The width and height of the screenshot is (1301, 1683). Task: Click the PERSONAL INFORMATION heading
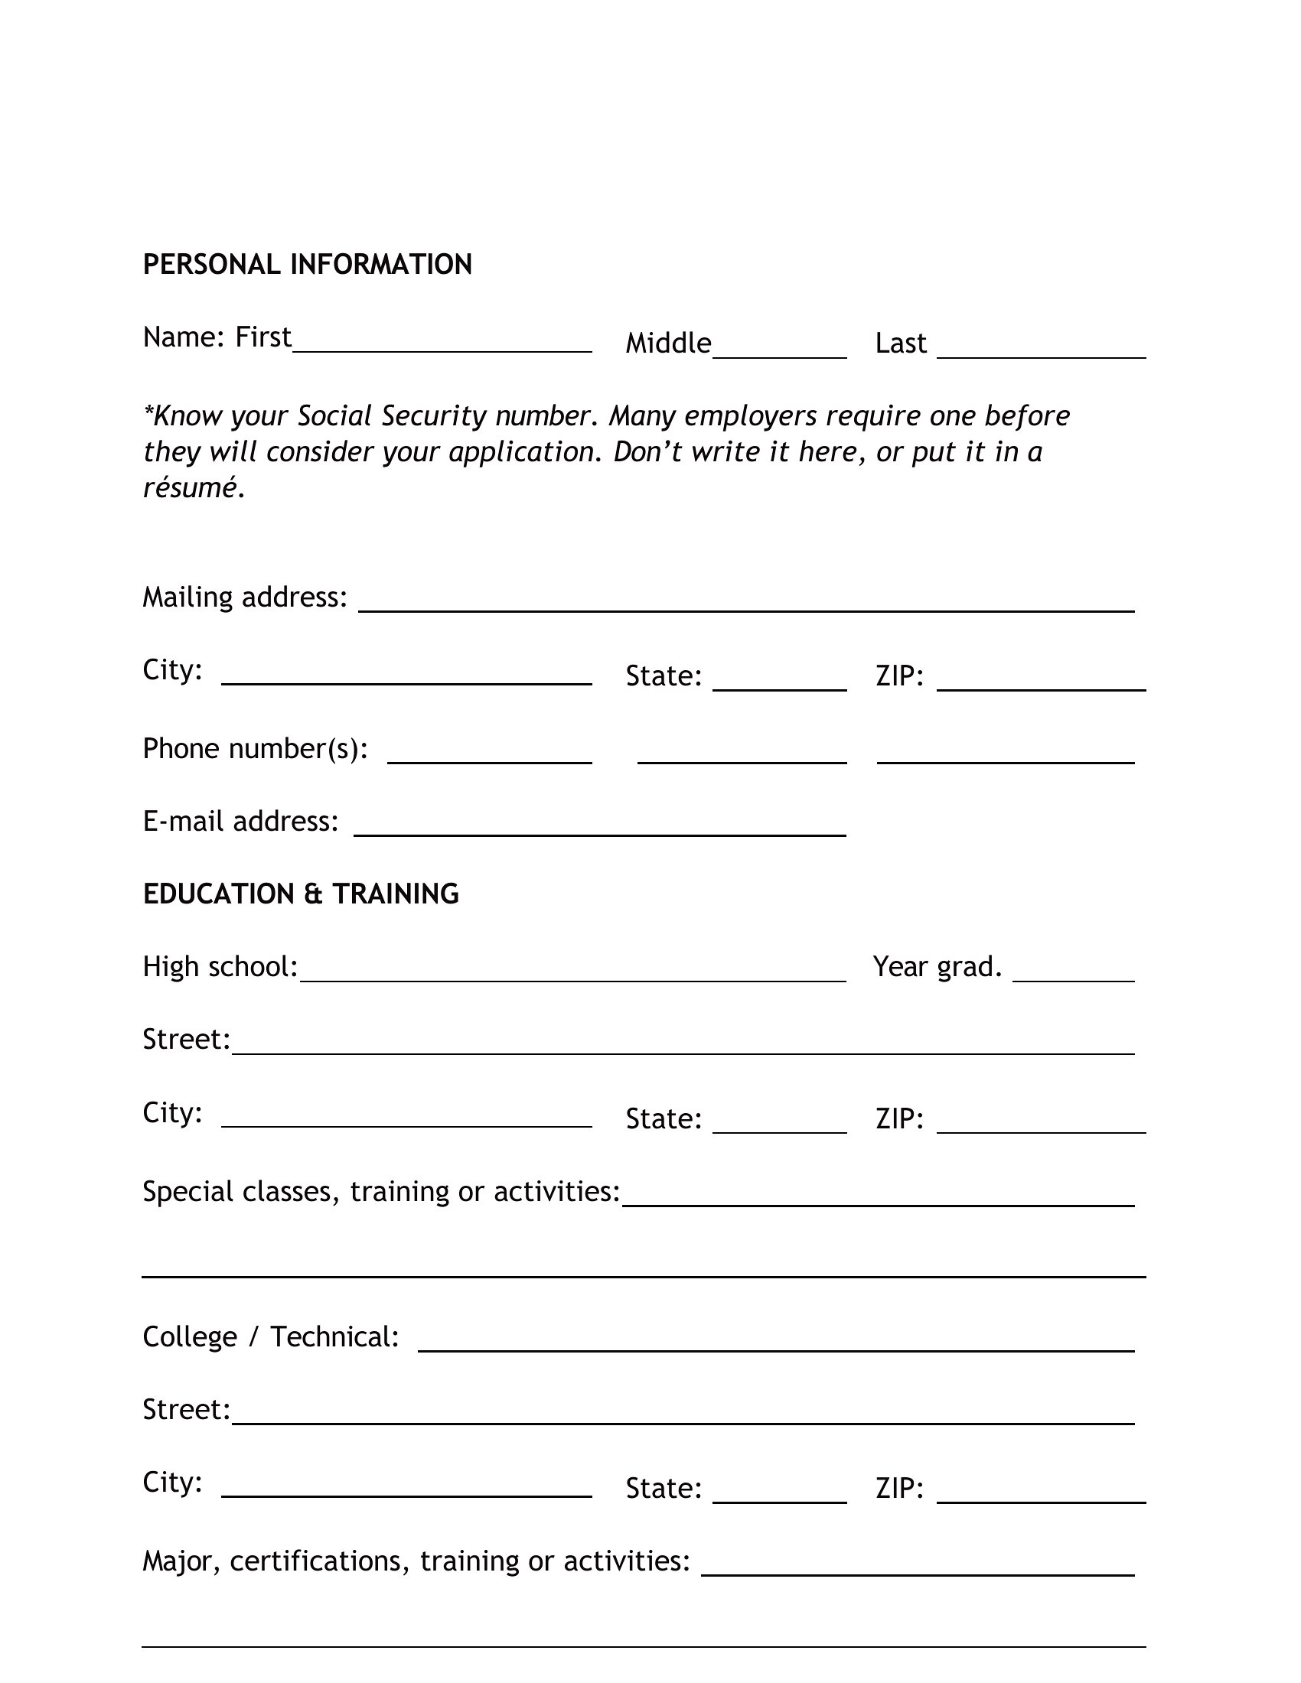click(x=307, y=265)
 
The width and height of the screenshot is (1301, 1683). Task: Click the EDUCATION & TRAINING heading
click(x=301, y=894)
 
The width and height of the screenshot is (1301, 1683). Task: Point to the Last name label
click(x=900, y=343)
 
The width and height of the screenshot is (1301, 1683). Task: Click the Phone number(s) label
click(x=255, y=748)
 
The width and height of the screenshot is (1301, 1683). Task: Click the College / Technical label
click(x=270, y=1337)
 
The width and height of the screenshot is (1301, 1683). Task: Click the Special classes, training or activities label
click(x=382, y=1191)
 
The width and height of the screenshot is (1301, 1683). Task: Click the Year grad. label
click(x=937, y=966)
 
